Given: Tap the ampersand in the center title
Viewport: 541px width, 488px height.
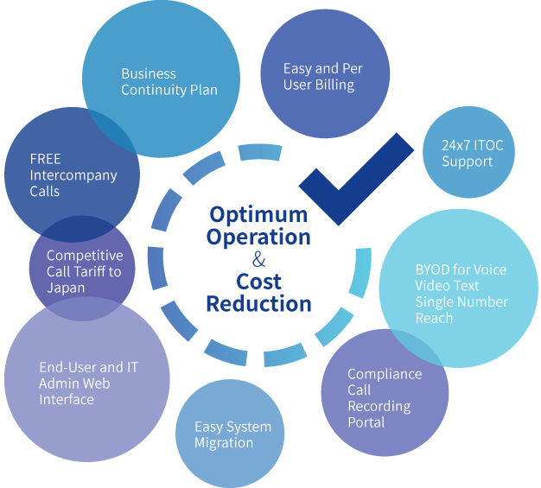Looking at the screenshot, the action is (x=258, y=259).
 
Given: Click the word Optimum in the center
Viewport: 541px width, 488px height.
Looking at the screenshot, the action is (x=258, y=216).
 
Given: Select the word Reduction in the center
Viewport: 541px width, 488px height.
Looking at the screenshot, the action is (x=258, y=304).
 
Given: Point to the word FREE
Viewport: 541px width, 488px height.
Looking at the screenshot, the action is (x=45, y=159).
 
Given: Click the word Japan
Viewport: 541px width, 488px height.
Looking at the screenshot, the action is (x=66, y=288).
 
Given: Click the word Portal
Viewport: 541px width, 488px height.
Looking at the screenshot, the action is (x=366, y=422).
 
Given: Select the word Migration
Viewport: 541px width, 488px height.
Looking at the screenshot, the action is (x=224, y=443).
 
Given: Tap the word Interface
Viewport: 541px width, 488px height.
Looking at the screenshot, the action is (x=67, y=399).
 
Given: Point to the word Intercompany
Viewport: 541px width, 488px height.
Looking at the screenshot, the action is (x=73, y=176).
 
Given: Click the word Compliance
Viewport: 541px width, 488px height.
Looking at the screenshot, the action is (x=385, y=375).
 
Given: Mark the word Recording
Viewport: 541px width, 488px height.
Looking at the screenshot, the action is (x=379, y=407).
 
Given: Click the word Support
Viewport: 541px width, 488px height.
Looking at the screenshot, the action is (x=468, y=162).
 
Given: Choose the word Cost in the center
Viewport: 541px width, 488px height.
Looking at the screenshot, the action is (x=258, y=282).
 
